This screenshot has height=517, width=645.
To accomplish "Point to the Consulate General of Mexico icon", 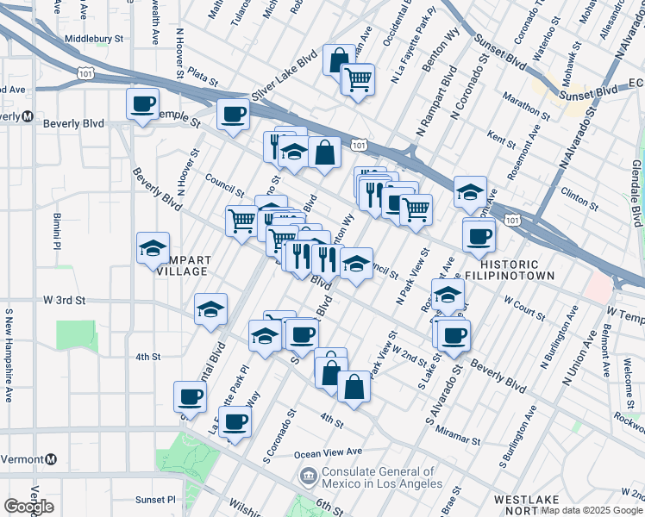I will [307, 475].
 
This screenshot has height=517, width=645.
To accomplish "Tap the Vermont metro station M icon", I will [51, 459].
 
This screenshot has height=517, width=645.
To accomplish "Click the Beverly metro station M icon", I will [28, 116].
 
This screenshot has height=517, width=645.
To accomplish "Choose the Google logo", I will [28, 507].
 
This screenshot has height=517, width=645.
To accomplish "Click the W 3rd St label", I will [65, 301].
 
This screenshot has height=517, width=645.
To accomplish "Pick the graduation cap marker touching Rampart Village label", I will [153, 250].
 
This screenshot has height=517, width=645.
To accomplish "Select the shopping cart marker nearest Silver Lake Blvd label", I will [357, 80].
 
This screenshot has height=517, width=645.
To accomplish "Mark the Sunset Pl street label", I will [155, 499].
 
